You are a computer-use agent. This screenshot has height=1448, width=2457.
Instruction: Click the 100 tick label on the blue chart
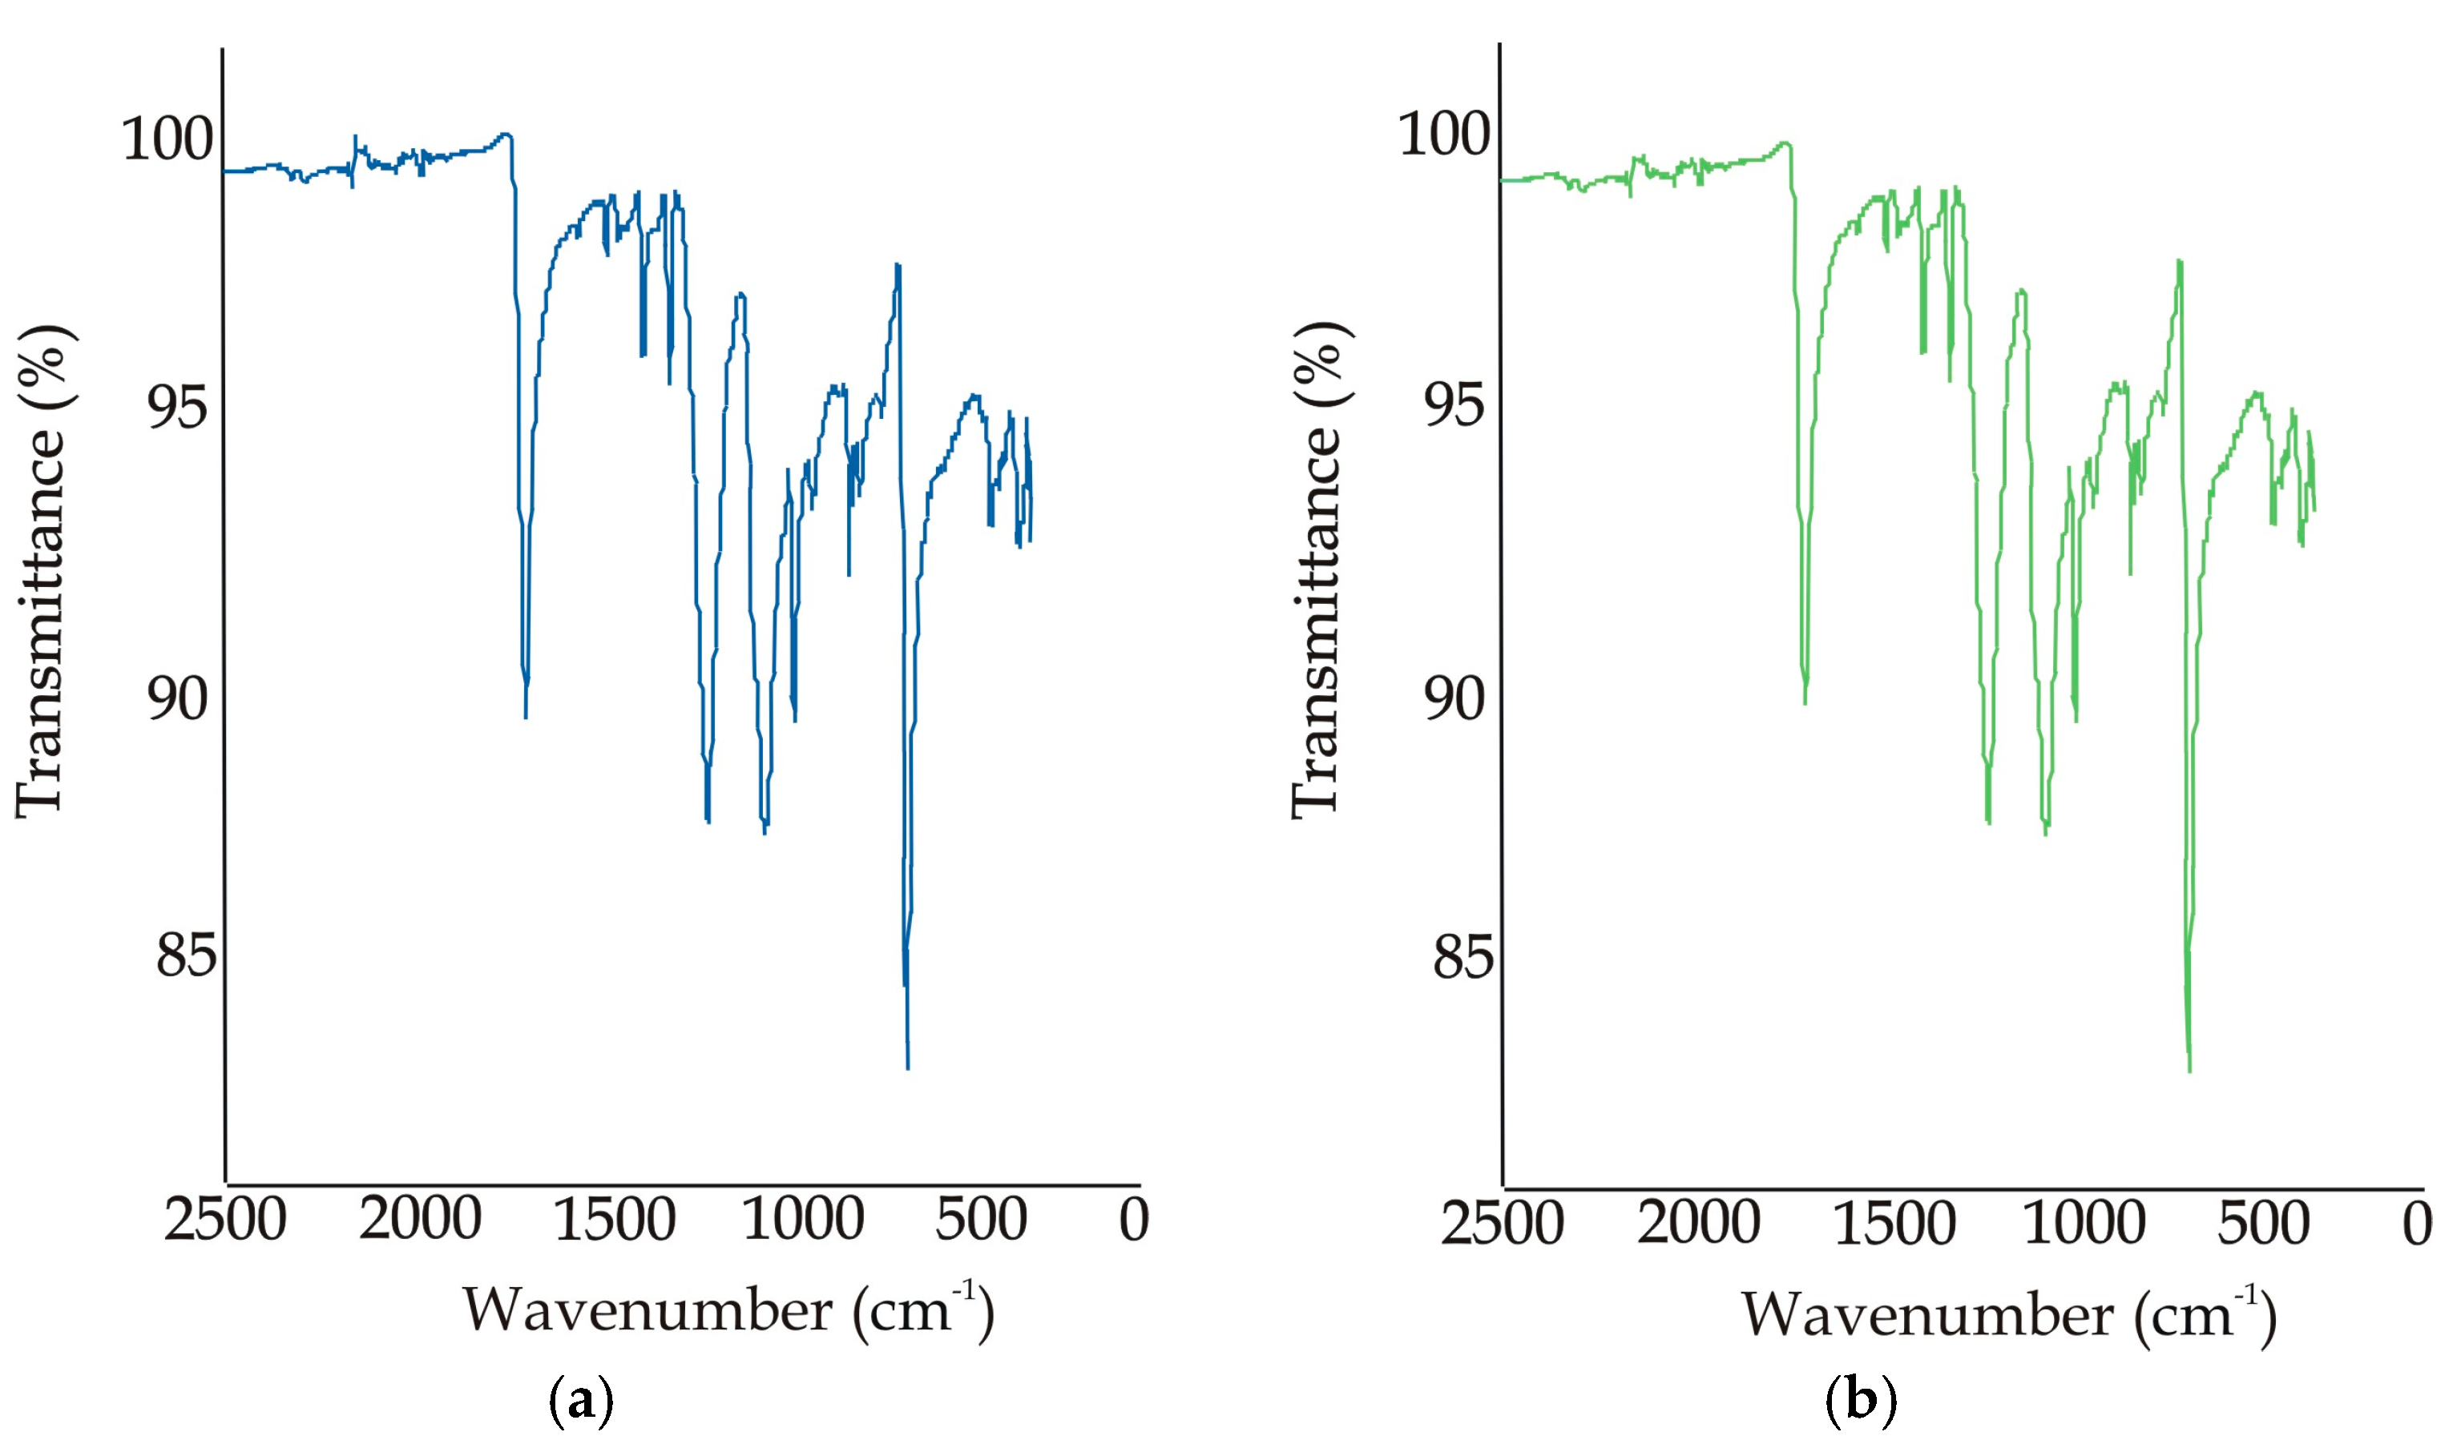pos(167,139)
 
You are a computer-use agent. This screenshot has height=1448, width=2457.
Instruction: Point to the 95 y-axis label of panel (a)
pos(178,406)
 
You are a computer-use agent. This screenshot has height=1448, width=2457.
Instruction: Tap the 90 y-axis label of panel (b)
pos(1454,698)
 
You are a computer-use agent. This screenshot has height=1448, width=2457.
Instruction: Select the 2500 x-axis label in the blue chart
pos(224,1220)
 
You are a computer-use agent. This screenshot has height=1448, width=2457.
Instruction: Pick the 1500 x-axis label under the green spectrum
pos(1894,1224)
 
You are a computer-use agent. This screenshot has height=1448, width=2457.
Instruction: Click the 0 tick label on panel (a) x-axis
pos(1133,1220)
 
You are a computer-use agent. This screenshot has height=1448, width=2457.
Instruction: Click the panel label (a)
pos(582,1402)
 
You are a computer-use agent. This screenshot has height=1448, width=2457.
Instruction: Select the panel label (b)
pos(1861,1402)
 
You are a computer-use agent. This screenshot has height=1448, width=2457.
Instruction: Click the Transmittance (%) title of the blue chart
pos(44,571)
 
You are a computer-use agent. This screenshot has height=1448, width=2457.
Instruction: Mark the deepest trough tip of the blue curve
pos(908,1068)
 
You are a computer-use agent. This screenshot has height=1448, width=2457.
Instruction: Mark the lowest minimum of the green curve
pos(2189,1071)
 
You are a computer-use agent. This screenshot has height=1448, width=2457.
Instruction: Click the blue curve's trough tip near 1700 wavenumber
pos(526,716)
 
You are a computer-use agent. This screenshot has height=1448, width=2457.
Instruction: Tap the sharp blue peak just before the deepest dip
pos(897,265)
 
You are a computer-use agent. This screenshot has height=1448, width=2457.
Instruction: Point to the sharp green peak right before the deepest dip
pos(2179,262)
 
